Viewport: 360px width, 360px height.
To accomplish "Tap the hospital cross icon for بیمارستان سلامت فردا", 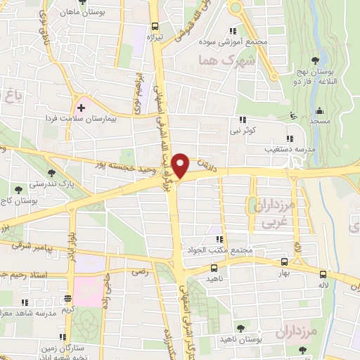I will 81,108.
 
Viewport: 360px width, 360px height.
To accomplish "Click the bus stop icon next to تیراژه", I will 153,23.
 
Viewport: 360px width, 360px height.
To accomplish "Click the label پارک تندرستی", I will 77,183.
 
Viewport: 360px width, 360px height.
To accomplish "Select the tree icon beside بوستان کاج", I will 18,189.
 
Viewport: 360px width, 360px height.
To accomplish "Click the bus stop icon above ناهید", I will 214,267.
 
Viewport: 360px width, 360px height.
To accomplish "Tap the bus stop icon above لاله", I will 323,274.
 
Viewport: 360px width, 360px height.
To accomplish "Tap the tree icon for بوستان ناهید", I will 242,328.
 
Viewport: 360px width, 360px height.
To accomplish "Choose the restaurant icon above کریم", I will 68,298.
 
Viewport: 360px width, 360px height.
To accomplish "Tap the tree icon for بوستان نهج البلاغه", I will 314,59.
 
